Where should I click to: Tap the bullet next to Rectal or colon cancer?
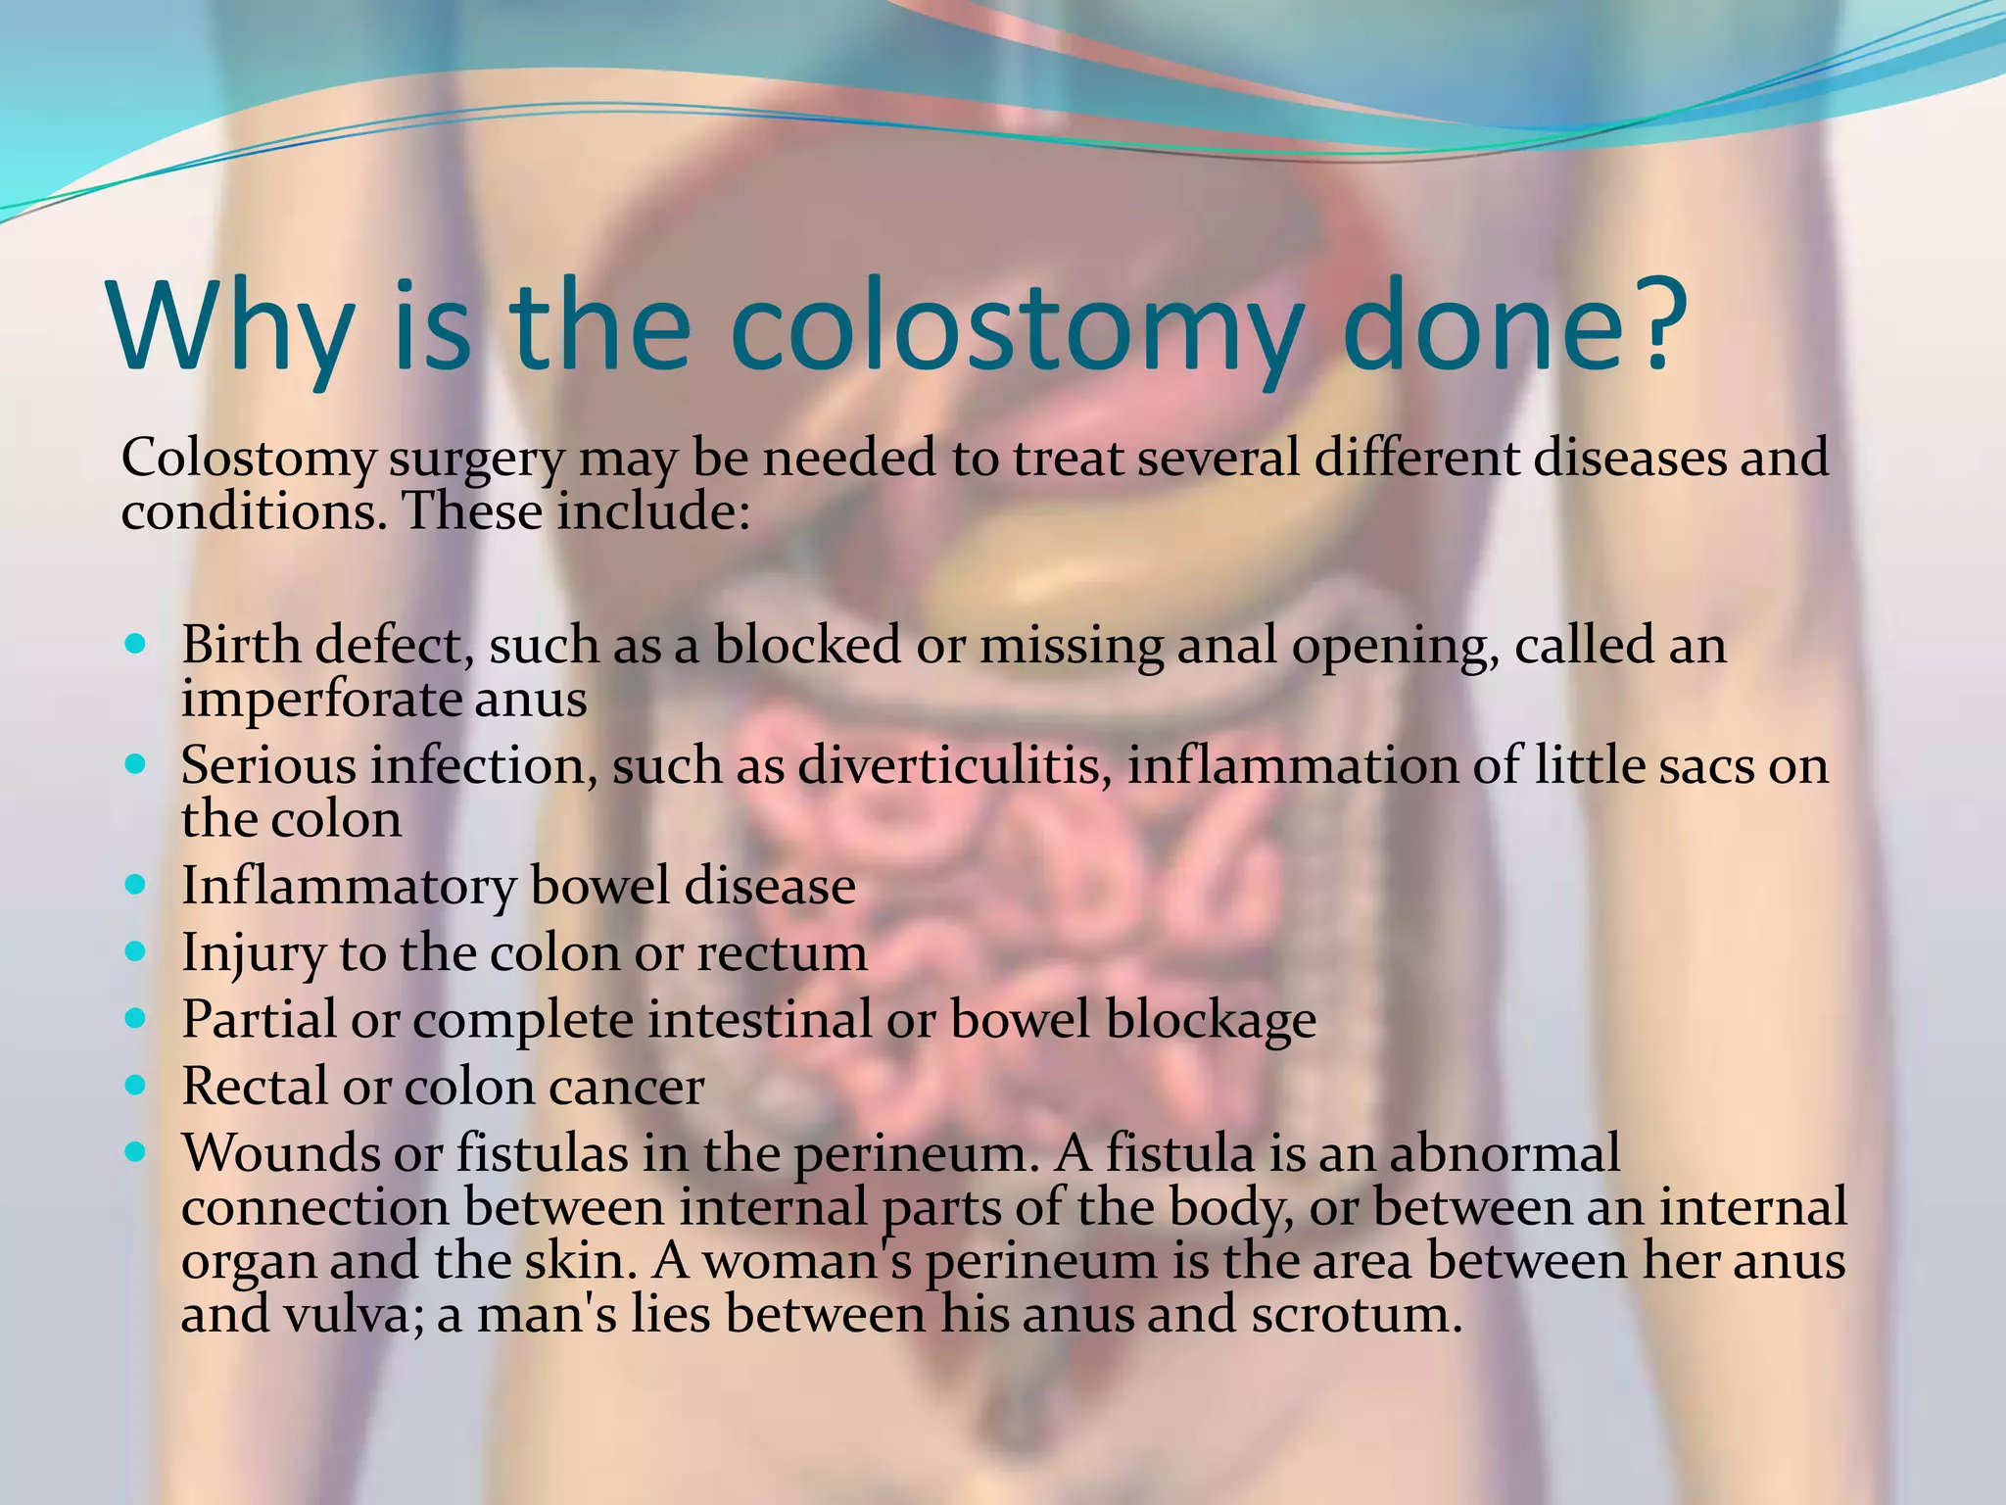click(x=136, y=1086)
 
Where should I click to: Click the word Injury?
click(x=253, y=954)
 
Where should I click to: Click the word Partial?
click(x=259, y=1020)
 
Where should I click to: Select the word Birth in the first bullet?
click(x=240, y=646)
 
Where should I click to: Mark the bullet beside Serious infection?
click(x=136, y=763)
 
